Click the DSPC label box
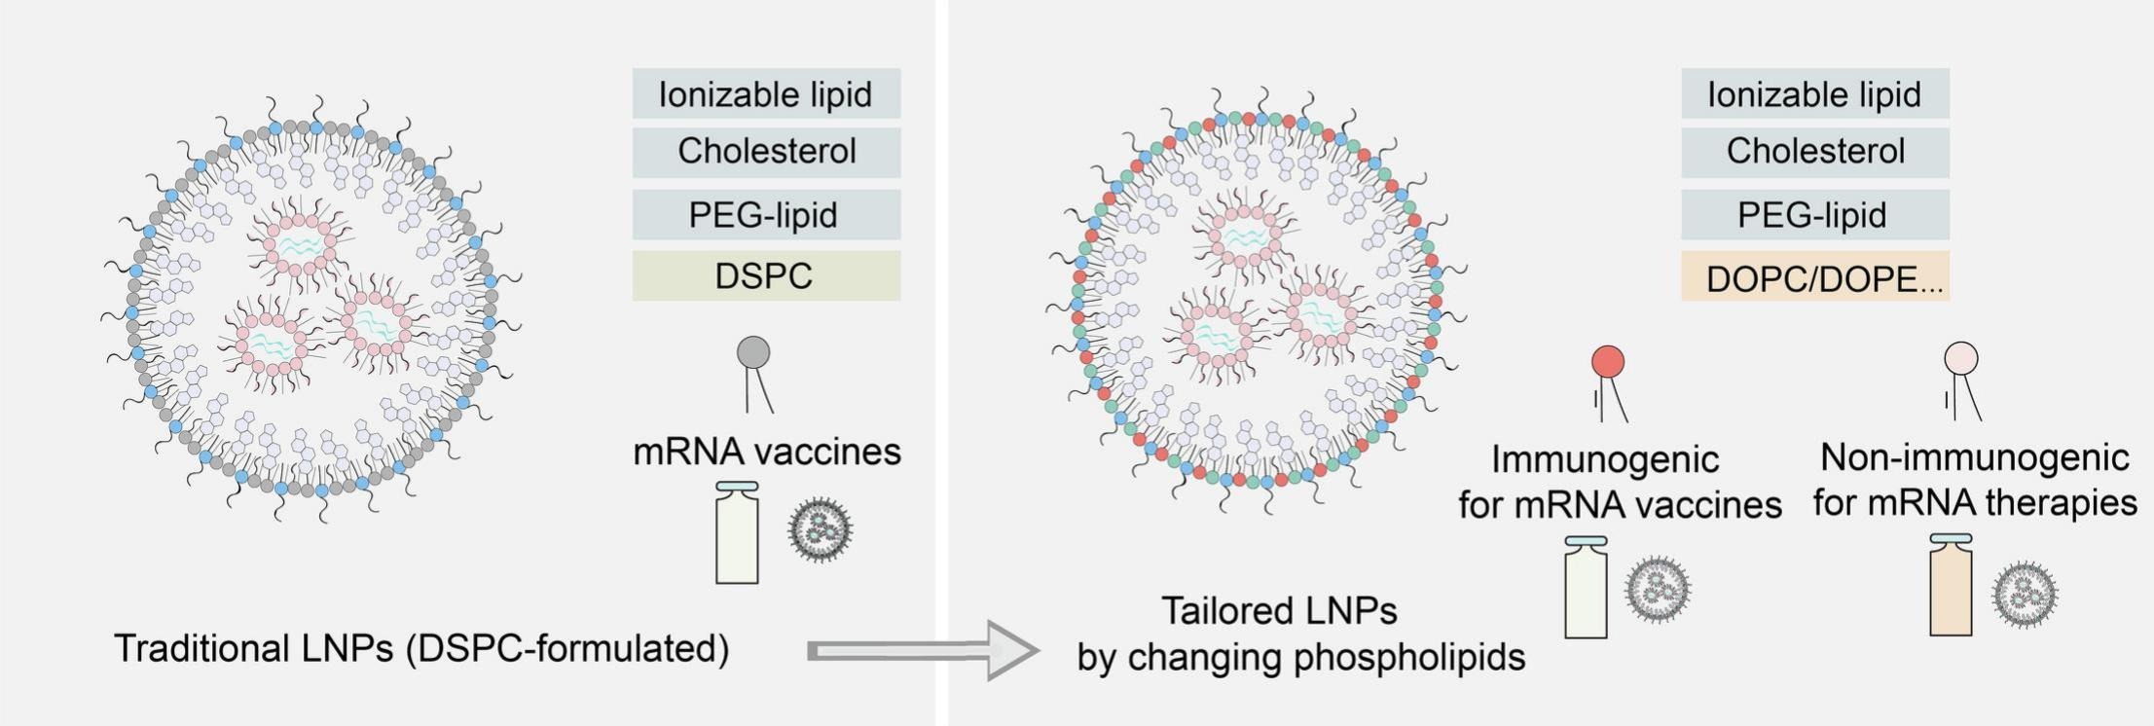(766, 275)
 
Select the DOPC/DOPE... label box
(1814, 278)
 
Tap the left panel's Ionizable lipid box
(766, 93)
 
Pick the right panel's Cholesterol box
(1814, 152)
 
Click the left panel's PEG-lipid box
(766, 214)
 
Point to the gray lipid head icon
(753, 352)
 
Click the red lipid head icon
(1607, 362)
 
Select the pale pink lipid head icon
(1960, 358)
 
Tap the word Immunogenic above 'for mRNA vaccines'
(1604, 459)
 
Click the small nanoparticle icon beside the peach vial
(2025, 595)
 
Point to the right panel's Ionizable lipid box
(1814, 93)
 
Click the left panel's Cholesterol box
(766, 152)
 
